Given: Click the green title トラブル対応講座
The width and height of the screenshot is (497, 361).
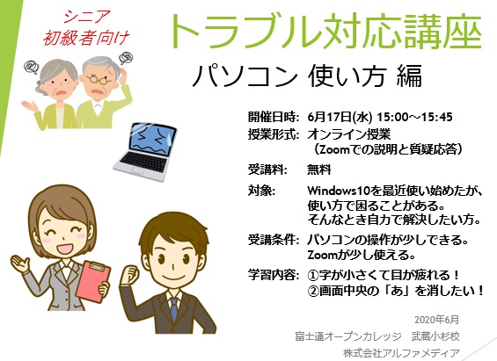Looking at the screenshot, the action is click(326, 31).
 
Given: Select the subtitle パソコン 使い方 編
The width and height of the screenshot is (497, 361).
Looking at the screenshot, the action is click(307, 76).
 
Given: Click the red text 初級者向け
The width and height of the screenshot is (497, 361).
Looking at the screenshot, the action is click(86, 38).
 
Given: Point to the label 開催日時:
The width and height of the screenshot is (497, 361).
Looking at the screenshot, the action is click(274, 117).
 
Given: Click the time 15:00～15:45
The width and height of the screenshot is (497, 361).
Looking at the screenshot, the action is click(414, 117).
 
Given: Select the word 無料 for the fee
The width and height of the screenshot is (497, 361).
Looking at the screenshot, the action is click(318, 170).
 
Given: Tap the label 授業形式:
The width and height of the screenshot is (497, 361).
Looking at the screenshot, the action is click(274, 134).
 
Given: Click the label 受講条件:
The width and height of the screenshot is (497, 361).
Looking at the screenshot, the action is click(274, 240).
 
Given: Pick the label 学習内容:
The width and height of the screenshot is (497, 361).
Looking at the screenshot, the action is click(274, 275).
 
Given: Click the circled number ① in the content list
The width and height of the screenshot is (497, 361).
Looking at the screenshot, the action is click(313, 275).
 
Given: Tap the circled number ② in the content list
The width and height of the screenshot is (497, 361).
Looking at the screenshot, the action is click(313, 291).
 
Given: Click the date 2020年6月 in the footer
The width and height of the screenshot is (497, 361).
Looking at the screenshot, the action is click(437, 320).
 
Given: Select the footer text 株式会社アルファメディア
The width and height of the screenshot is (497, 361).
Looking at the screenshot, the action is click(401, 353).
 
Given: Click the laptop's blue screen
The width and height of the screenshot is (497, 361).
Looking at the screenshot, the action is click(153, 139).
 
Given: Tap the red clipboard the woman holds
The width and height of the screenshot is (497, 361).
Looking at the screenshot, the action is click(93, 282).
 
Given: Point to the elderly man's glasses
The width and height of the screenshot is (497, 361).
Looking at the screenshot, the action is click(99, 79).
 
